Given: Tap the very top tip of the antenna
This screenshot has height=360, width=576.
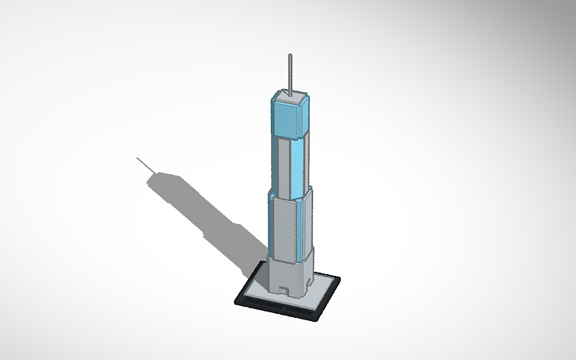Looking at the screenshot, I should coord(290,55).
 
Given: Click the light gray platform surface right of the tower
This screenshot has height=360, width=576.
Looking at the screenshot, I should coord(322,285).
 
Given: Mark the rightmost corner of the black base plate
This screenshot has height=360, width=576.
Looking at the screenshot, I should coord(340,280).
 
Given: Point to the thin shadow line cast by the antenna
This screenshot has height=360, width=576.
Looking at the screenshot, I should coord(146,165).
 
